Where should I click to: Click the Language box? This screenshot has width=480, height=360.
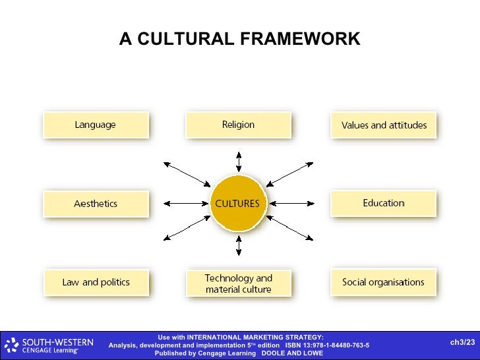(x=96, y=125)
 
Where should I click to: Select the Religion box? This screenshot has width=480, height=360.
(x=238, y=125)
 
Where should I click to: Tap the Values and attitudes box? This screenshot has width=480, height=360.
(x=383, y=125)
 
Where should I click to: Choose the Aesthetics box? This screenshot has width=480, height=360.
(x=96, y=204)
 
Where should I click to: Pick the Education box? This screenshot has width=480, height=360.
(x=383, y=203)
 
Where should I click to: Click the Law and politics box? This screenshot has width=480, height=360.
(x=96, y=282)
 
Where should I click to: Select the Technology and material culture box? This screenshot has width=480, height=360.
(x=238, y=284)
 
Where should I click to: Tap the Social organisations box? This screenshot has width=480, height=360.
(x=383, y=282)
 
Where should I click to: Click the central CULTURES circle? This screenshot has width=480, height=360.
(x=237, y=203)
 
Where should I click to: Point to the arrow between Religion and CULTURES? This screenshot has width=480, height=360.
(x=239, y=162)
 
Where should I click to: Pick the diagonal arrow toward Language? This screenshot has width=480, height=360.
(x=186, y=173)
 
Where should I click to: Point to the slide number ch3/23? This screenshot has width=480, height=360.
(x=462, y=342)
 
